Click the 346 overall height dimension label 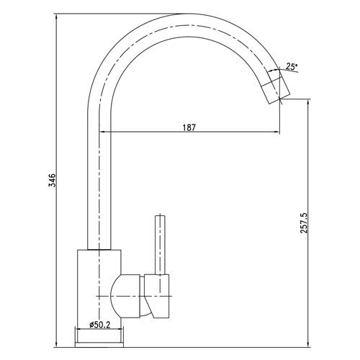(x=52, y=180)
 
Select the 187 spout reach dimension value (x=189, y=127)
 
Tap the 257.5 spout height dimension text (x=304, y=222)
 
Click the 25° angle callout (x=292, y=66)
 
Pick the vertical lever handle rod (x=160, y=245)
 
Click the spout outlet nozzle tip (x=276, y=89)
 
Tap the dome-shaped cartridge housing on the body (x=125, y=297)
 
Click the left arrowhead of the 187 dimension (x=102, y=132)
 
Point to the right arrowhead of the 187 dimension (x=277, y=132)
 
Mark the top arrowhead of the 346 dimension (x=56, y=17)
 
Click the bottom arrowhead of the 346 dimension (x=56, y=344)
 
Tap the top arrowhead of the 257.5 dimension (x=308, y=102)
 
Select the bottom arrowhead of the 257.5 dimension (x=308, y=344)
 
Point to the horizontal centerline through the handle (x=134, y=296)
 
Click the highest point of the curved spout (x=189, y=14)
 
